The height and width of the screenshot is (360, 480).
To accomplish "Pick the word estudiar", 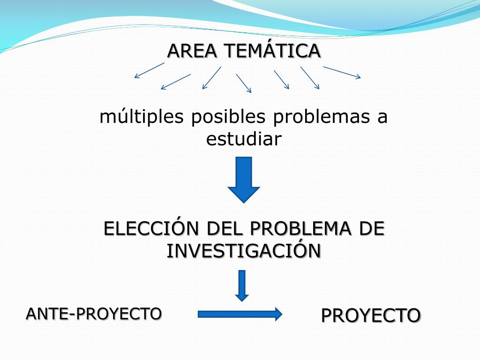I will pyautogui.click(x=244, y=139).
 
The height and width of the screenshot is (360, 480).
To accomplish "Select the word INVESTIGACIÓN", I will pyautogui.click(x=244, y=251).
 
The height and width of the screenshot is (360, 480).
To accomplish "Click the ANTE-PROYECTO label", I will pyautogui.click(x=94, y=313).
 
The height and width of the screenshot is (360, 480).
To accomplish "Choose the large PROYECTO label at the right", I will pyautogui.click(x=371, y=315).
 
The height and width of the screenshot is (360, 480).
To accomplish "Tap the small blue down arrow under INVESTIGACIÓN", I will pyautogui.click(x=242, y=285).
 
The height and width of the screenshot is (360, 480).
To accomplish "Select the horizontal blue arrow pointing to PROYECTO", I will pyautogui.click(x=240, y=314).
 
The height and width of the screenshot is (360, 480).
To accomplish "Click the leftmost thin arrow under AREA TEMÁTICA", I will pyautogui.click(x=149, y=70).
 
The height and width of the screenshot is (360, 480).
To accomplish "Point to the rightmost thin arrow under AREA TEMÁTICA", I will pyautogui.click(x=342, y=72).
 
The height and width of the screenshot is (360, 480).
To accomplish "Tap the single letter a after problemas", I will pyautogui.click(x=382, y=117).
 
